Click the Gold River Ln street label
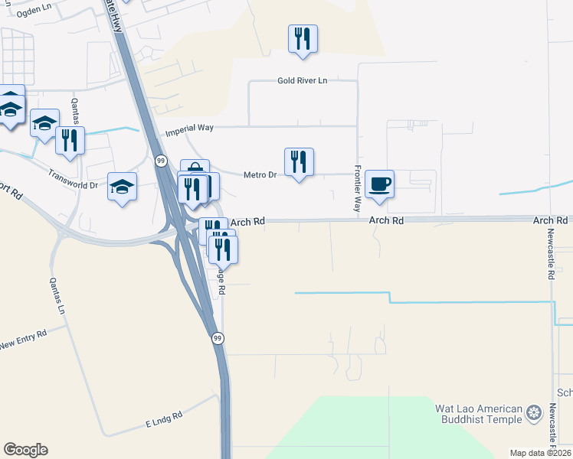tap(303, 80)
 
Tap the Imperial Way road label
tap(189, 132)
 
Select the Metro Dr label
tap(260, 175)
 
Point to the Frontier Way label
tap(357, 188)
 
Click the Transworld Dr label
tap(73, 180)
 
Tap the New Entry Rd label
tap(24, 338)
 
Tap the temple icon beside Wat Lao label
tap(534, 415)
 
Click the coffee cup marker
tap(379, 184)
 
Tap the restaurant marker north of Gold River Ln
tap(303, 39)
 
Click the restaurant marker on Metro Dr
tap(299, 162)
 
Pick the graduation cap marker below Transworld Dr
tap(122, 187)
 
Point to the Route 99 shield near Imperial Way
tap(160, 161)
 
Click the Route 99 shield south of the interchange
tap(218, 337)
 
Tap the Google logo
tap(25, 450)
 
